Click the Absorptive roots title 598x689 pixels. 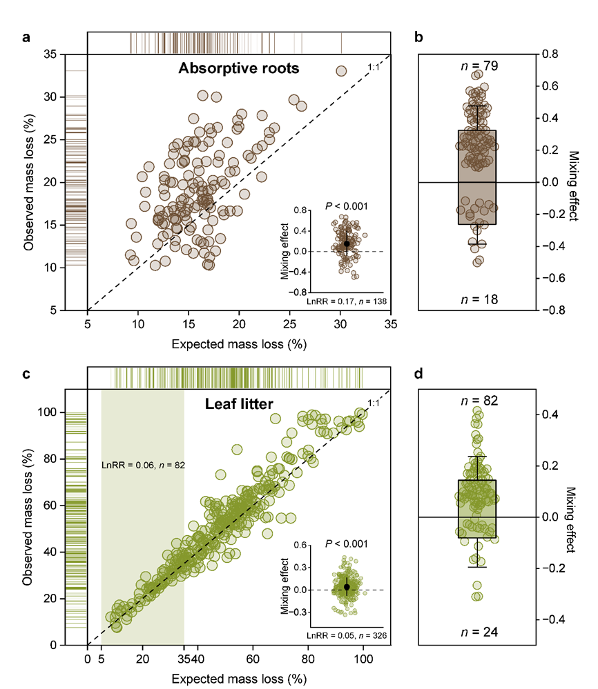pos(238,68)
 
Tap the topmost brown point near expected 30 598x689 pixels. pos(341,70)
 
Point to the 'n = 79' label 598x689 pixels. pos(476,66)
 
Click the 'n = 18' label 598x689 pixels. pos(476,299)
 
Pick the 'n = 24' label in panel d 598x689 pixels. pos(476,631)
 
